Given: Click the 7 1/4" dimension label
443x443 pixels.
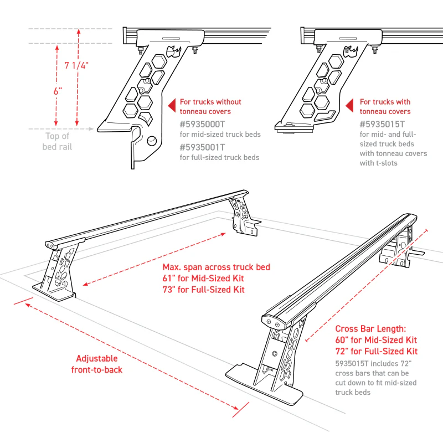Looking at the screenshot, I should pyautogui.click(x=76, y=66).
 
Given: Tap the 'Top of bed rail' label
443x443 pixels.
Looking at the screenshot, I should pyautogui.click(x=57, y=141).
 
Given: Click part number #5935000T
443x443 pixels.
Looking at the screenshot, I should pyautogui.click(x=202, y=124).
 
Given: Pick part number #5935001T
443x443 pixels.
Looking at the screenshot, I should pyautogui.click(x=202, y=147).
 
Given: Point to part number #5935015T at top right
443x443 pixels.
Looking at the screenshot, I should pyautogui.click(x=382, y=124).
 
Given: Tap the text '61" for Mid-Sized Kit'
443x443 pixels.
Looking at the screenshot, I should pyautogui.click(x=203, y=278).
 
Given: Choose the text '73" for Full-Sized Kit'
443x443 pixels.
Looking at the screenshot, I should pyautogui.click(x=203, y=290).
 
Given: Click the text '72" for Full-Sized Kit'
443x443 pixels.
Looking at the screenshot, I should pyautogui.click(x=377, y=352).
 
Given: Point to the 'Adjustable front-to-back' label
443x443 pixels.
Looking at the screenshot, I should pyautogui.click(x=97, y=364).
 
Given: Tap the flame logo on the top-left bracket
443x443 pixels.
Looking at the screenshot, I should pyautogui.click(x=177, y=51).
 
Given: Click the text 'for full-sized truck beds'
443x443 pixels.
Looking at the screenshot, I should pyautogui.click(x=219, y=157).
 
